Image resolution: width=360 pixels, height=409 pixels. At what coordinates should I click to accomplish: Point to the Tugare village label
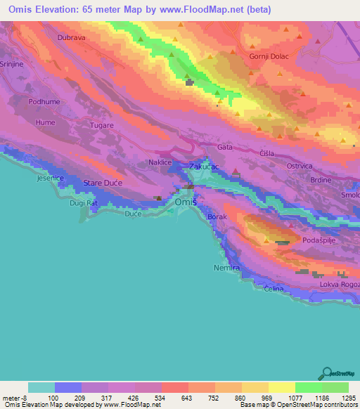coord(101,125)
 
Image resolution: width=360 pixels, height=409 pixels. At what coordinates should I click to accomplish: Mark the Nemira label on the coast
coord(226,268)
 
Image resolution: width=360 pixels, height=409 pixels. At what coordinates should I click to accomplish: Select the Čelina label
coord(273,290)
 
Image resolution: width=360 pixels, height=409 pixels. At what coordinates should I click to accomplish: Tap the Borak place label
coord(217,217)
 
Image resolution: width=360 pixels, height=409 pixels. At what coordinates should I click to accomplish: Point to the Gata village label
coord(225,148)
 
